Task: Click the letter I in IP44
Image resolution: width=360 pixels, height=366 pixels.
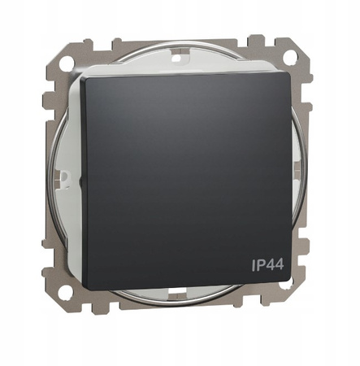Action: [x=254, y=265]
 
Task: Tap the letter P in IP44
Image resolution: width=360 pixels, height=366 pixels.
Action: [x=261, y=265]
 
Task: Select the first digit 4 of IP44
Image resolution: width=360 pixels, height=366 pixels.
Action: [x=270, y=265]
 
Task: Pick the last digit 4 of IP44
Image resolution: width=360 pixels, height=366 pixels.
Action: [x=280, y=264]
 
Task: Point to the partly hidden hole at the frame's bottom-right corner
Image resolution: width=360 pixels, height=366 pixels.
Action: [x=287, y=286]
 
